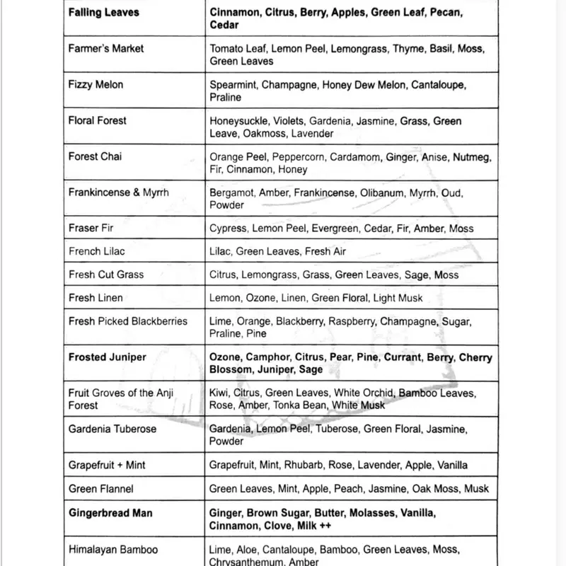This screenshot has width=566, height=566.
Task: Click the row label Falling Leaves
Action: point(104,12)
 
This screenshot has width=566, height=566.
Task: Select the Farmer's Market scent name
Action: point(106,48)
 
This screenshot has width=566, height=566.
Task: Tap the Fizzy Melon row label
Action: point(96,84)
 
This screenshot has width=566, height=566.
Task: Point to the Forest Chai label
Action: point(96,156)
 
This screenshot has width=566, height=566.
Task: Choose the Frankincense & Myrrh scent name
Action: point(119,192)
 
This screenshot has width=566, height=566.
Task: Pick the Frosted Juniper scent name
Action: point(108,357)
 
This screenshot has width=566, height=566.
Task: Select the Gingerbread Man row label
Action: point(110,513)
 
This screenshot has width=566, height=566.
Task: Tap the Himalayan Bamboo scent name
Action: point(113,549)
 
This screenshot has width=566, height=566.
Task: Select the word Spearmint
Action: point(233,85)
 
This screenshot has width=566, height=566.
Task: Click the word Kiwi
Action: point(220,393)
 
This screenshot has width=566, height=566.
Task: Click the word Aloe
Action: point(250,550)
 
